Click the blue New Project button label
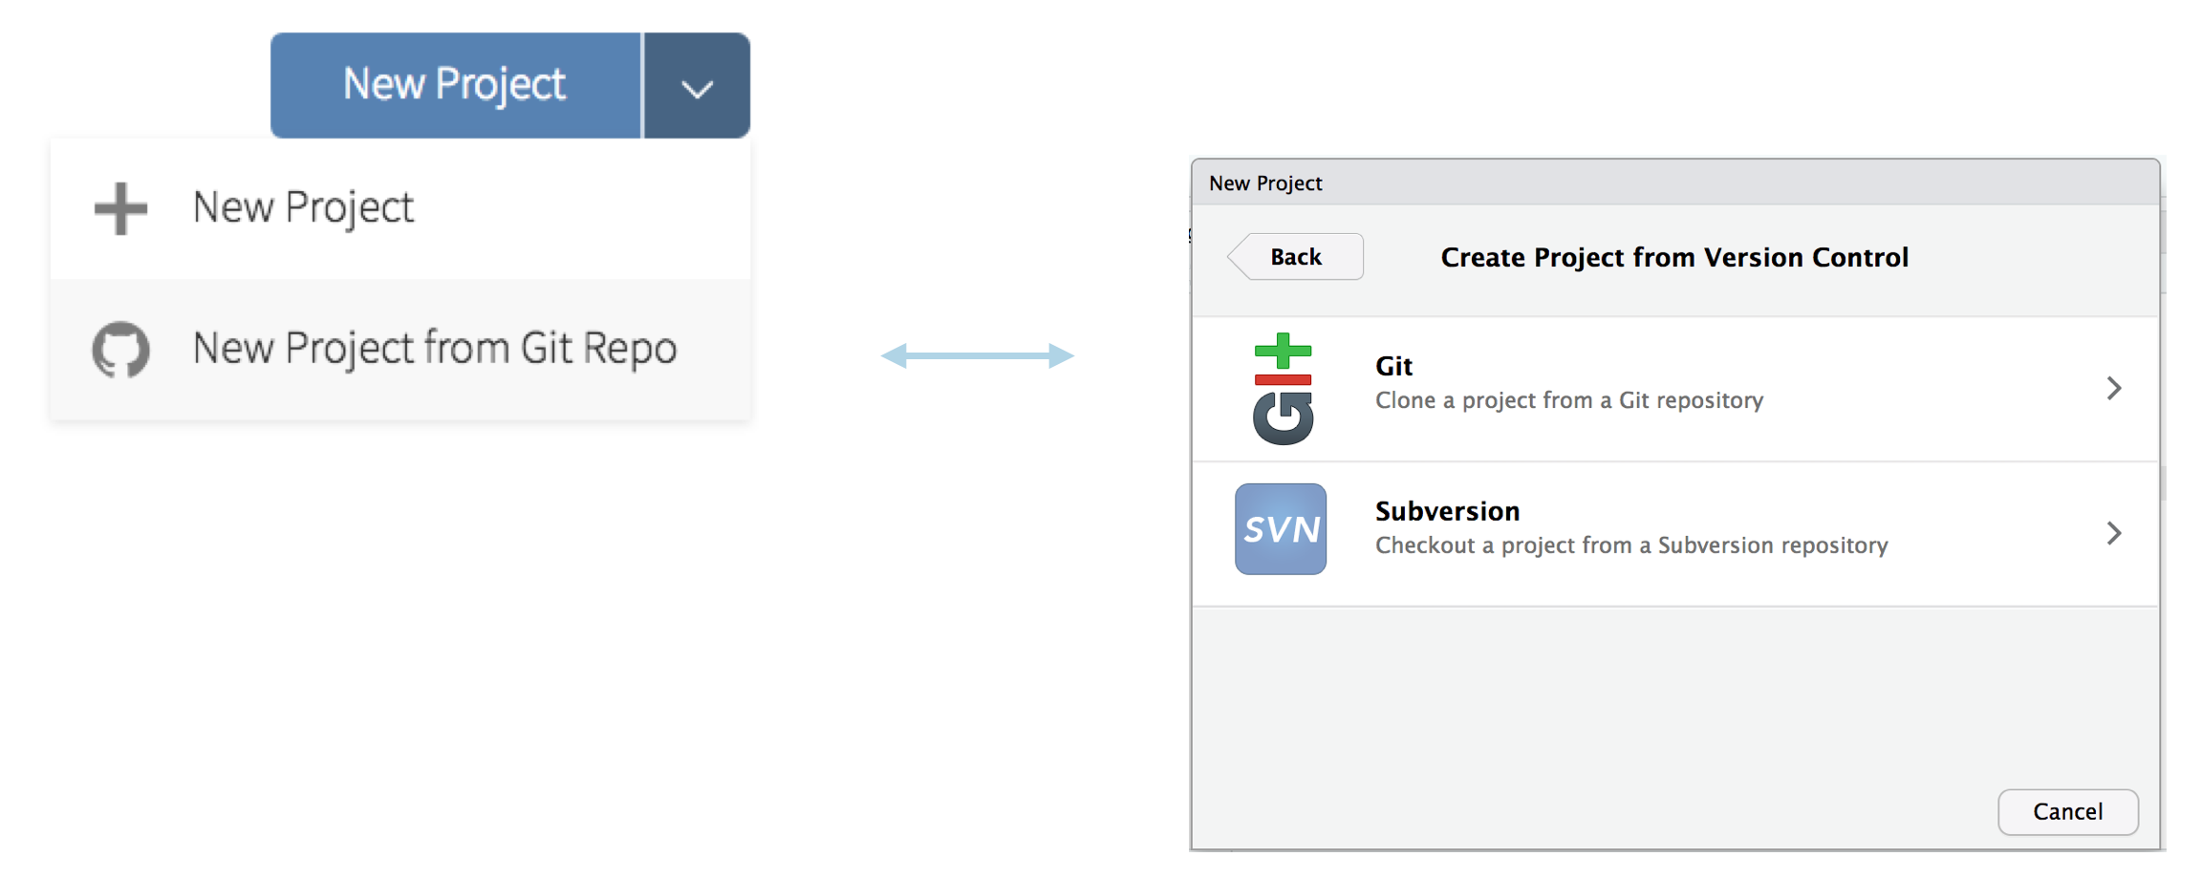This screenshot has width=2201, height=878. coord(454,85)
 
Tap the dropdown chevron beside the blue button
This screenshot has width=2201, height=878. coord(697,90)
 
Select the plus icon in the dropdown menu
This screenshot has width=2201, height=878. coord(121,208)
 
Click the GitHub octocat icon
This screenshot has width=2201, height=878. coord(121,350)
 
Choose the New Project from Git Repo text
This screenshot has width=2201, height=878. coord(435,349)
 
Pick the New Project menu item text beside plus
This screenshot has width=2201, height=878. coord(303,208)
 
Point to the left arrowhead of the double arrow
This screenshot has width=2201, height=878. coord(894,356)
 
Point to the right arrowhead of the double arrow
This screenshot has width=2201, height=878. coord(1061,356)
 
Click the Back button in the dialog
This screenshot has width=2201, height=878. coord(1295,257)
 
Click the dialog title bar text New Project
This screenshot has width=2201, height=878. coord(1265,183)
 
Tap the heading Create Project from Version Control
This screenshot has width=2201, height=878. coord(1674,258)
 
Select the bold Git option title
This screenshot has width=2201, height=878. coord(1393,366)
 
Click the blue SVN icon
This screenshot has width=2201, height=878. coord(1281,529)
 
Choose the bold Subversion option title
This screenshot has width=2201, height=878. coord(1448,511)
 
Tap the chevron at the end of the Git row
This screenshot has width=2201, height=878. coord(2114,388)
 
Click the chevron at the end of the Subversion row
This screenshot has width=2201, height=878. coord(2114,533)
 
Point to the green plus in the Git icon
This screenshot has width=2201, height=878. coord(1283,351)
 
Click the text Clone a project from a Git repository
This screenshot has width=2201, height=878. coord(1569,400)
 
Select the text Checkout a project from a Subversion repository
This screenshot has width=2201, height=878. coord(1631,546)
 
